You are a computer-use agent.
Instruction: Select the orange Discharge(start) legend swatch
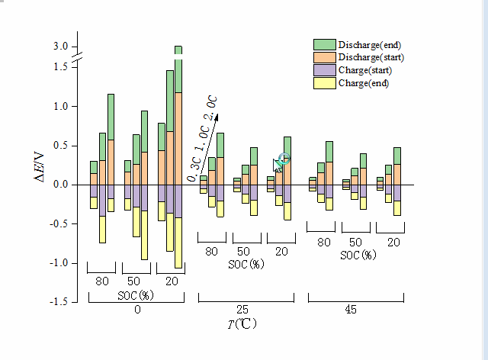click(x=326, y=57)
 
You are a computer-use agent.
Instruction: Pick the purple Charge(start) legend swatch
click(x=326, y=70)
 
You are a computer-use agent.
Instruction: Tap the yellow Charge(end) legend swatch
click(x=326, y=82)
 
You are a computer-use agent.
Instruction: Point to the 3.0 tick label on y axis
click(x=61, y=47)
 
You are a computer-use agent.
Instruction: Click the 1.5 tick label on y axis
click(x=61, y=67)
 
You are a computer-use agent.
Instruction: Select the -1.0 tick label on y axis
click(x=59, y=263)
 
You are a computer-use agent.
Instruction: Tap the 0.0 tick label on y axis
click(x=61, y=185)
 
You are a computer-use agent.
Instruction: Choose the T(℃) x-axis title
click(x=242, y=324)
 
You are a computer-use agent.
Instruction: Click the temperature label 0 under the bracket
click(x=137, y=310)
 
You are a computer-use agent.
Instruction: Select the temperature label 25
click(x=242, y=310)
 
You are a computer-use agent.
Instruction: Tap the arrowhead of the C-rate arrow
click(x=216, y=117)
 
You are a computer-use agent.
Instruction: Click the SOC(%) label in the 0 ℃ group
click(x=136, y=295)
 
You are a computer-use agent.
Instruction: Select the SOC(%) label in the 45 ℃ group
click(x=358, y=255)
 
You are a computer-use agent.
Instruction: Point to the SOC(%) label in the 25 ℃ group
click(x=246, y=265)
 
